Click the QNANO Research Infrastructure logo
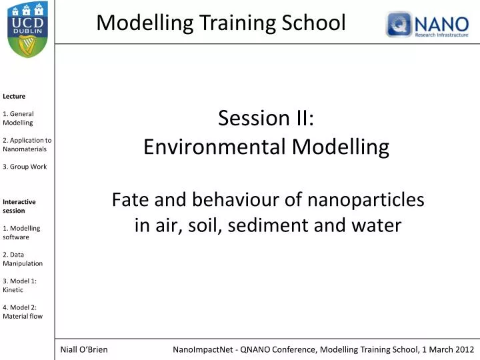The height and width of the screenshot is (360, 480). (427, 24)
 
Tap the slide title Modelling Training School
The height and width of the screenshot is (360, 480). (221, 23)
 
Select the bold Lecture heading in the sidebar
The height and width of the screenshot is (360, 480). (14, 96)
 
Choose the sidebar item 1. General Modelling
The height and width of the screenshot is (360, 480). (18, 118)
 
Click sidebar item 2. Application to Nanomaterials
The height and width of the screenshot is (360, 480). (27, 145)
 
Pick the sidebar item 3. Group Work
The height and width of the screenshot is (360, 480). (25, 167)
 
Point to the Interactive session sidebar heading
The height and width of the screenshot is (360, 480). (19, 206)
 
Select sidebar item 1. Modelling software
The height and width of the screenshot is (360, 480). (21, 232)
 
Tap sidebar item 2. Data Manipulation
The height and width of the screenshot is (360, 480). (23, 259)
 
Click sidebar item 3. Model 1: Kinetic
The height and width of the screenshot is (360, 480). (19, 285)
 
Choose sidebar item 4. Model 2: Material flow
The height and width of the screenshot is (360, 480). (23, 311)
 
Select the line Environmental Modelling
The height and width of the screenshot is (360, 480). (266, 147)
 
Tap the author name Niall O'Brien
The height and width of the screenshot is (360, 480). (84, 349)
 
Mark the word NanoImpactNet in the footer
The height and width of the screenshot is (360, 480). (203, 349)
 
